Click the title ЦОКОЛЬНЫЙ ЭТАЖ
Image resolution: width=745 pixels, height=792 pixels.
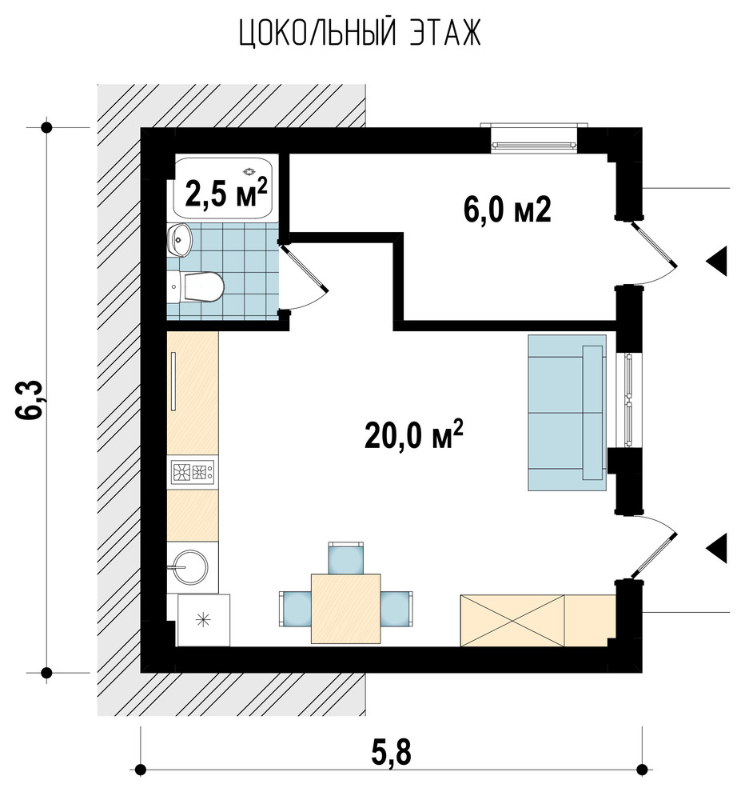[360, 34]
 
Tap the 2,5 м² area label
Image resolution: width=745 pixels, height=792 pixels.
[225, 193]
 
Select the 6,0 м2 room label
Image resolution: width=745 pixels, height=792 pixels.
[507, 210]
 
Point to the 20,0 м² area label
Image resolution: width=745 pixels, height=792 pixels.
[413, 435]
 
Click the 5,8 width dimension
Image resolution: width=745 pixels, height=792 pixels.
[391, 753]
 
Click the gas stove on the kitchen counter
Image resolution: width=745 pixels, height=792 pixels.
[193, 472]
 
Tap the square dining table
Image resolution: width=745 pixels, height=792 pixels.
[346, 609]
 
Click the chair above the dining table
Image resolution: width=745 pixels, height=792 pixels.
[346, 558]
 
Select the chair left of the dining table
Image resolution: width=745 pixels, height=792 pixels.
[295, 609]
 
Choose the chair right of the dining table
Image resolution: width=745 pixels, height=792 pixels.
[396, 609]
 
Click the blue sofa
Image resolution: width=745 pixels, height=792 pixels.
[567, 412]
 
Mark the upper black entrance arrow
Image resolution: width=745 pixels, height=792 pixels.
[716, 261]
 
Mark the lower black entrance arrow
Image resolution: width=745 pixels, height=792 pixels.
[716, 548]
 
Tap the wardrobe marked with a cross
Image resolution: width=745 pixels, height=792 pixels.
[512, 620]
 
